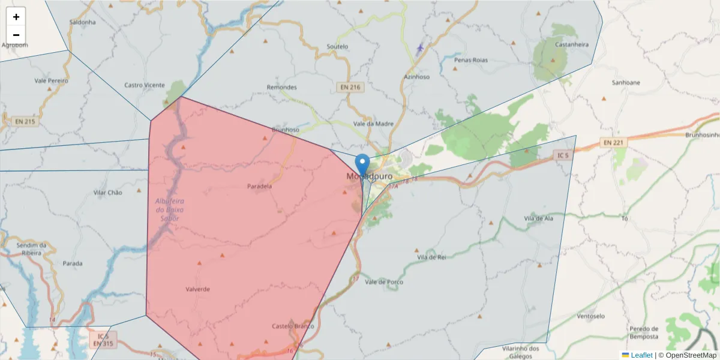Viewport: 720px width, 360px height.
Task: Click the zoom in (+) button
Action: pyautogui.click(x=16, y=17)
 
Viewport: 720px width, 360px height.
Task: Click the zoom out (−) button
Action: pyautogui.click(x=16, y=35)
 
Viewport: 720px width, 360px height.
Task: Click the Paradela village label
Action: pyautogui.click(x=259, y=186)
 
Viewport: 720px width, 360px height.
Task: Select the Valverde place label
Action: pyautogui.click(x=198, y=289)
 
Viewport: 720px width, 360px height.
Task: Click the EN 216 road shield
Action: pyautogui.click(x=350, y=87)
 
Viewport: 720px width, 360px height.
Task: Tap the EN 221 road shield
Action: pyautogui.click(x=613, y=142)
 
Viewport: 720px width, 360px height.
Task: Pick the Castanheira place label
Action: pyautogui.click(x=572, y=44)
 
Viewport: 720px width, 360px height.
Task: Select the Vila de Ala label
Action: pyautogui.click(x=538, y=218)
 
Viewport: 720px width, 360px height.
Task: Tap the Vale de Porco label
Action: pyautogui.click(x=384, y=282)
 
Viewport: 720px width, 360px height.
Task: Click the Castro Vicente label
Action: pyautogui.click(x=145, y=85)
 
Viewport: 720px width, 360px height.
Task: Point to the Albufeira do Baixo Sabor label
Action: pyautogui.click(x=169, y=209)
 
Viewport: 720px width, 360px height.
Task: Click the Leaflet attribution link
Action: pyautogui.click(x=641, y=355)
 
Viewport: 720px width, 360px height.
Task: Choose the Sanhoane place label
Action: pyautogui.click(x=626, y=82)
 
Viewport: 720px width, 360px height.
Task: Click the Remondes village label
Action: pyautogui.click(x=281, y=87)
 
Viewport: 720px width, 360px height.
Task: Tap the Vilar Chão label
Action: pyautogui.click(x=108, y=193)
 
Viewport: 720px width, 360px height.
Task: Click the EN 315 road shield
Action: pyautogui.click(x=103, y=344)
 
